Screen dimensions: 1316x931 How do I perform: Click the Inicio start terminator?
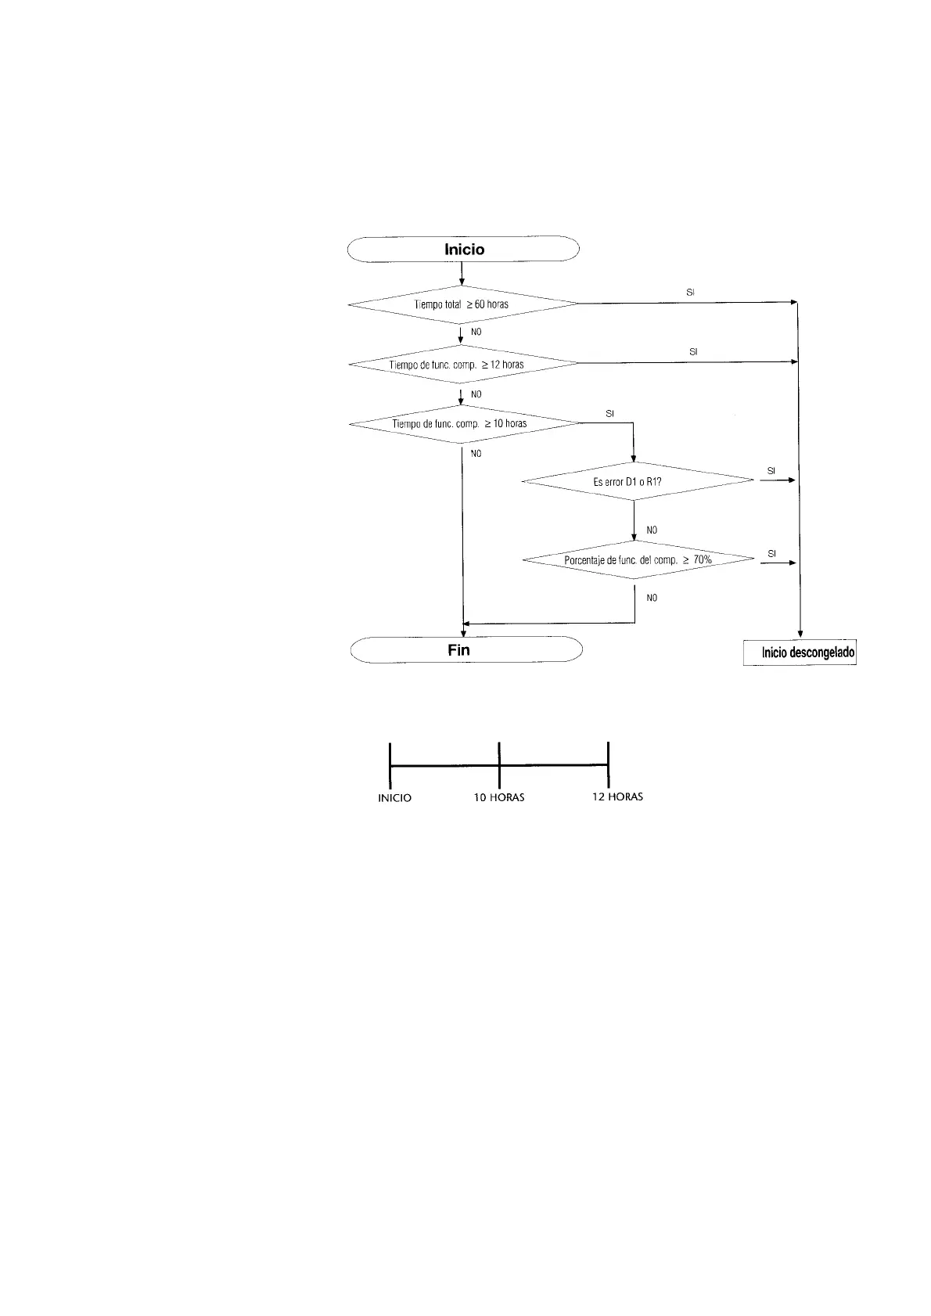point(462,250)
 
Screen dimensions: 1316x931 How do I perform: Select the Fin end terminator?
point(466,650)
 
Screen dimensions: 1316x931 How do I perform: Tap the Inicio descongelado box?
point(800,653)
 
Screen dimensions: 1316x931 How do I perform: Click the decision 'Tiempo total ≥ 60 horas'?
point(462,304)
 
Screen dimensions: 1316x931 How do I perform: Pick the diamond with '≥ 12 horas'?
point(462,364)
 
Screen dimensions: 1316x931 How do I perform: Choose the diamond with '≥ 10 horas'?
point(464,424)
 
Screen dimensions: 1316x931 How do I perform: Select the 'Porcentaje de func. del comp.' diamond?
point(638,560)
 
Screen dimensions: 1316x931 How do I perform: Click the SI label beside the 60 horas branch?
point(690,292)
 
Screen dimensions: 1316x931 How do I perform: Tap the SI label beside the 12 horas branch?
point(693,352)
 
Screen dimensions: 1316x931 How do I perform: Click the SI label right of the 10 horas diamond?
point(610,412)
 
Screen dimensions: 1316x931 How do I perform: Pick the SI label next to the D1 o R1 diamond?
point(771,471)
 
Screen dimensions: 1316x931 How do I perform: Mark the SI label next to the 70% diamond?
point(771,553)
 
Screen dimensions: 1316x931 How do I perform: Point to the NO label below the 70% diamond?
point(652,597)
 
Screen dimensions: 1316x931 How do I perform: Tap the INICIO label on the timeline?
point(394,798)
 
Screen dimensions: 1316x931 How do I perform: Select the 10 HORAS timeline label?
point(499,797)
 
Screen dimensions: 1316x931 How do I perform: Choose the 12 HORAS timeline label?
point(617,796)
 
